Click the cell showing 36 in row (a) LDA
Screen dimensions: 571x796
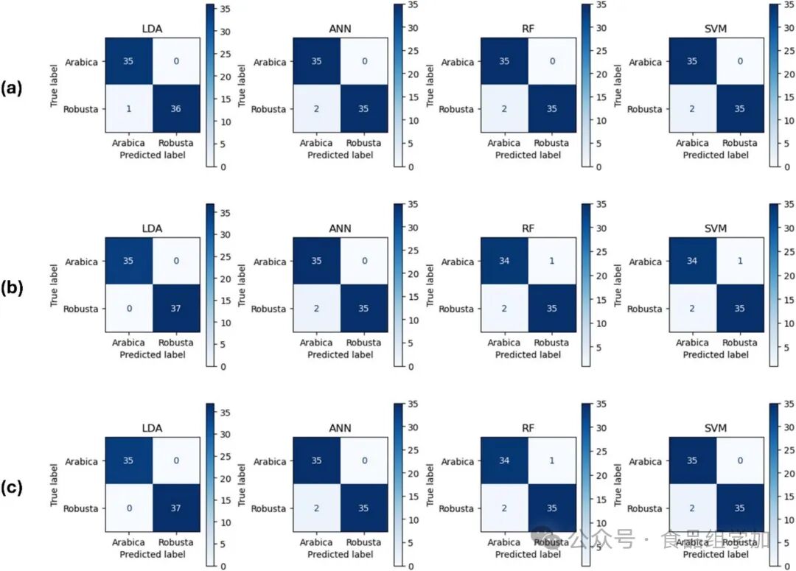click(175, 108)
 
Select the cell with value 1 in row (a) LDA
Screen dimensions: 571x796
click(128, 108)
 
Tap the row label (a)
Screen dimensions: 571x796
click(13, 88)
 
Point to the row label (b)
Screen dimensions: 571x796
click(13, 288)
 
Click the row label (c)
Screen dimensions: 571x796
click(13, 488)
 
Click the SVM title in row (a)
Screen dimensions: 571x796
click(715, 29)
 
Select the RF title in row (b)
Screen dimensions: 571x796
click(528, 229)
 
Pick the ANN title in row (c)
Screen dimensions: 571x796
click(340, 429)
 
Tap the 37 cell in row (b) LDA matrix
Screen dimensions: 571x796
click(175, 308)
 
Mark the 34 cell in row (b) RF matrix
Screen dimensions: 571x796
click(504, 262)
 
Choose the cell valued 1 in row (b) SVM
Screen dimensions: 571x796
click(739, 262)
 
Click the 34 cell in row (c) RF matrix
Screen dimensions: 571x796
click(504, 461)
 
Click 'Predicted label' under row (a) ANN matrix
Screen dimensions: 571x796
click(340, 155)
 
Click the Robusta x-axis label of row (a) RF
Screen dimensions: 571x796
click(551, 144)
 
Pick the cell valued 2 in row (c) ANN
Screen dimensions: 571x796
click(316, 508)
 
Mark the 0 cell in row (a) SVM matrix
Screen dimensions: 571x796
click(739, 62)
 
